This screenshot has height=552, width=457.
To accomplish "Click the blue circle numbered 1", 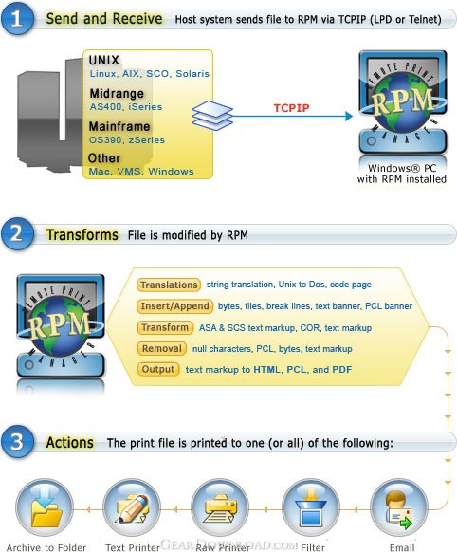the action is click(x=17, y=18).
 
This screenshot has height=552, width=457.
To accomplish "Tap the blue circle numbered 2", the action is click(x=17, y=233).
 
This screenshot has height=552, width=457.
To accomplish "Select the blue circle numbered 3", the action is click(x=17, y=441).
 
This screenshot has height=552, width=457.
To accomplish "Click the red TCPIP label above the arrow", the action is click(x=291, y=108).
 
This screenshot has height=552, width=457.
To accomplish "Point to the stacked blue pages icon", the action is click(x=212, y=116).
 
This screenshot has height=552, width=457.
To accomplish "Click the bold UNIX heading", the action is click(x=104, y=60).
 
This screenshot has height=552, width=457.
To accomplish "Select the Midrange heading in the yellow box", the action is click(x=117, y=93).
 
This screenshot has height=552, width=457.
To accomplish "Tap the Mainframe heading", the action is click(x=119, y=126).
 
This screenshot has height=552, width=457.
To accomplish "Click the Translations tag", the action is click(x=169, y=285).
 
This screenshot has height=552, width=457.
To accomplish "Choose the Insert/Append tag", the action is click(x=174, y=306).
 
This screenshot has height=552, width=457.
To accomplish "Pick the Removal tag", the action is click(x=162, y=348).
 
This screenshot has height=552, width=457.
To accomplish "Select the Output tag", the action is click(x=158, y=369).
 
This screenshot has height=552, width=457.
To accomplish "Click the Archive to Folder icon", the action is click(x=45, y=507).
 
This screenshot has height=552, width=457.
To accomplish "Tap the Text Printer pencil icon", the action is click(x=132, y=507).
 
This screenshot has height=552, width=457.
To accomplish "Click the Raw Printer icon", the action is click(x=220, y=507).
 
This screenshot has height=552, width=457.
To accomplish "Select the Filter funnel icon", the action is click(x=311, y=507).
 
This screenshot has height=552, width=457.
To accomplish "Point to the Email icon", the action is click(x=400, y=507).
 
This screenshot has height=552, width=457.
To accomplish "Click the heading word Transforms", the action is click(x=82, y=235).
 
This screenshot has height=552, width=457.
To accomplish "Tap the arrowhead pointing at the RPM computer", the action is click(x=349, y=116).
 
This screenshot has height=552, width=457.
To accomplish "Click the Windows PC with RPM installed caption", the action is click(x=402, y=174).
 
